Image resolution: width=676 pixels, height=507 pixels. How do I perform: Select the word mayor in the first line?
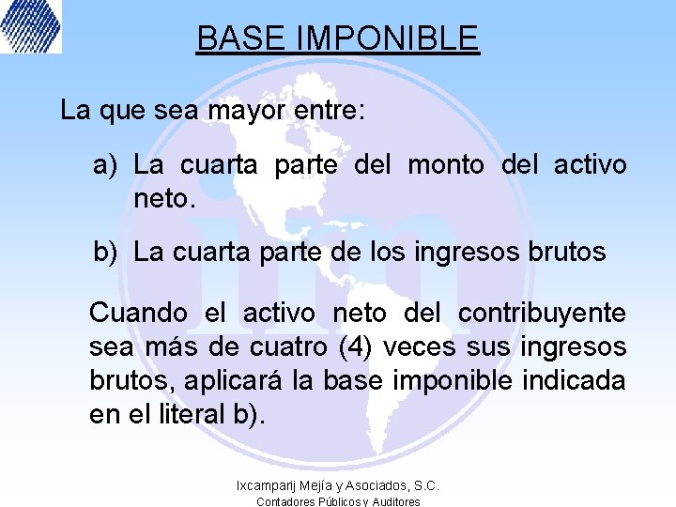(x=247, y=111)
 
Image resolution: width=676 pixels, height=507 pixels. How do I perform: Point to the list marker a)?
(x=104, y=165)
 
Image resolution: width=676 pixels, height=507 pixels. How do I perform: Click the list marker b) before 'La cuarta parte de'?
(x=104, y=252)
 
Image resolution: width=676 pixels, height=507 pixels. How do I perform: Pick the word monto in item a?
(x=446, y=165)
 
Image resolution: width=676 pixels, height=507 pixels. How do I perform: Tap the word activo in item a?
(x=590, y=165)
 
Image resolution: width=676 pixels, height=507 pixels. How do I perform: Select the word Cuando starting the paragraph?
(x=138, y=313)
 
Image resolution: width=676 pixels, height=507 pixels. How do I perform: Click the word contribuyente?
(x=542, y=313)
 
